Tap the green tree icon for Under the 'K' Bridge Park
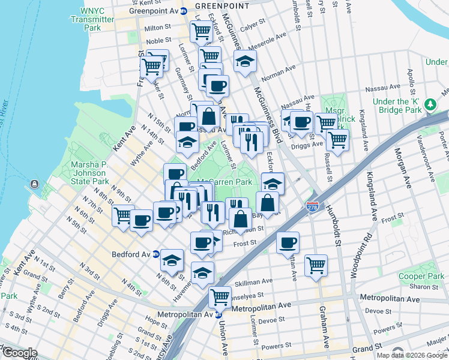(x=430, y=105)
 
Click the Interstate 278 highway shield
(x=313, y=206)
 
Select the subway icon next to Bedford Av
(x=155, y=254)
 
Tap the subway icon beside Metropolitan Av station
(x=219, y=314)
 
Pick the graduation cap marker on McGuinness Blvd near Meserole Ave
(x=245, y=61)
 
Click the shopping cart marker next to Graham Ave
(x=316, y=264)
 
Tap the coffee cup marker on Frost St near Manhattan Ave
(x=288, y=242)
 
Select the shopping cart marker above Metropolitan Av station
(x=220, y=296)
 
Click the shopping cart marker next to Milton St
(x=202, y=30)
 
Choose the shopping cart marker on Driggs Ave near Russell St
(x=337, y=140)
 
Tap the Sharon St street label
(x=425, y=287)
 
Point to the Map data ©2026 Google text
(x=411, y=355)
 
